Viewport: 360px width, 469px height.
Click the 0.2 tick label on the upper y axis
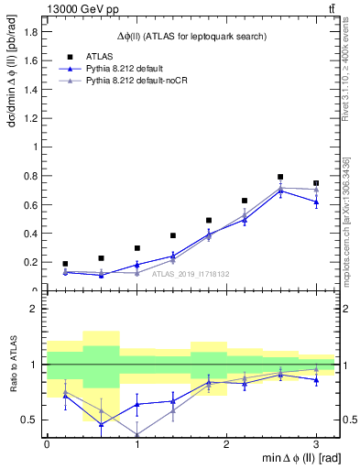[32, 262]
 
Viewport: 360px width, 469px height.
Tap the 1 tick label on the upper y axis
[36, 147]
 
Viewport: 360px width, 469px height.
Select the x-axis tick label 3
[316, 443]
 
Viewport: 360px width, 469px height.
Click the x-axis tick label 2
[226, 443]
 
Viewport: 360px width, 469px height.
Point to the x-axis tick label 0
[47, 443]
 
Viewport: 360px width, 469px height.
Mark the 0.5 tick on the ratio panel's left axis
[32, 420]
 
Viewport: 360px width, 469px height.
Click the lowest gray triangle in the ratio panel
[136, 435]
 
